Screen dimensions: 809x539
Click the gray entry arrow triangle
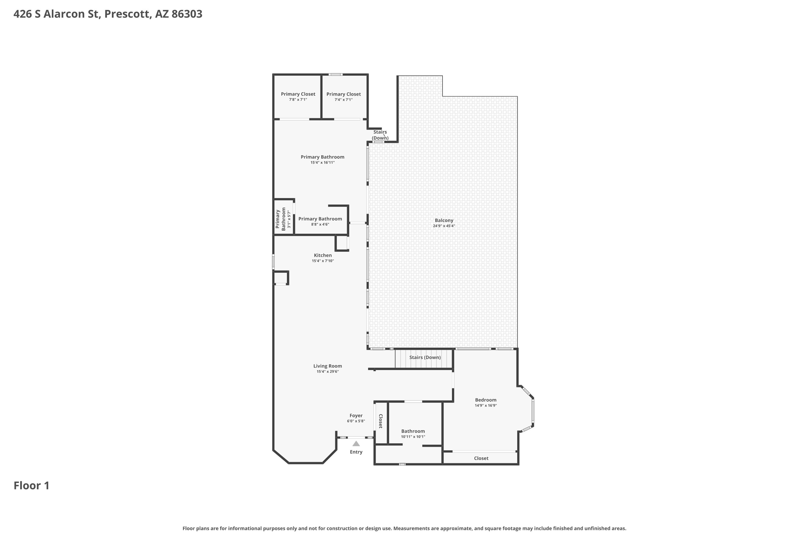tap(356, 443)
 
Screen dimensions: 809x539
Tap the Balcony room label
tap(444, 220)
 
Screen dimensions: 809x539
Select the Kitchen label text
tap(323, 255)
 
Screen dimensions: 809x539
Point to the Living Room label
tap(327, 366)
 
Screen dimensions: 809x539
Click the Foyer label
tap(356, 415)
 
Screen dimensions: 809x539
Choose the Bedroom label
tap(485, 400)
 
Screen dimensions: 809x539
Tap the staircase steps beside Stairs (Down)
tap(423, 359)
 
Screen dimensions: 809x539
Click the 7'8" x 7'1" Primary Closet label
tap(298, 96)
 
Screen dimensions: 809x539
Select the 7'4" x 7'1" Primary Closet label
tap(343, 96)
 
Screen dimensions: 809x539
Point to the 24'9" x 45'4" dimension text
tap(444, 226)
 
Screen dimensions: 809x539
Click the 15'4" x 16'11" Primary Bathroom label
tap(322, 160)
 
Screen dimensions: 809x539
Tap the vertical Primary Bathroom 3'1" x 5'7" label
tap(283, 219)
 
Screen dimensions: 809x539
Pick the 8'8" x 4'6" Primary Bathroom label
tap(320, 221)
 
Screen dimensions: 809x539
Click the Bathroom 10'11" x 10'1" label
tap(413, 434)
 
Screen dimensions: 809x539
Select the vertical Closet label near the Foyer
tap(381, 421)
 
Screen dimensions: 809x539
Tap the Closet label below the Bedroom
tap(481, 458)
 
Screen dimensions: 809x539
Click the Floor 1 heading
tap(32, 485)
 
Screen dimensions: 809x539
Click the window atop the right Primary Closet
tap(336, 74)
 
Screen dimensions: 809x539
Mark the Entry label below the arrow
tap(356, 452)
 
